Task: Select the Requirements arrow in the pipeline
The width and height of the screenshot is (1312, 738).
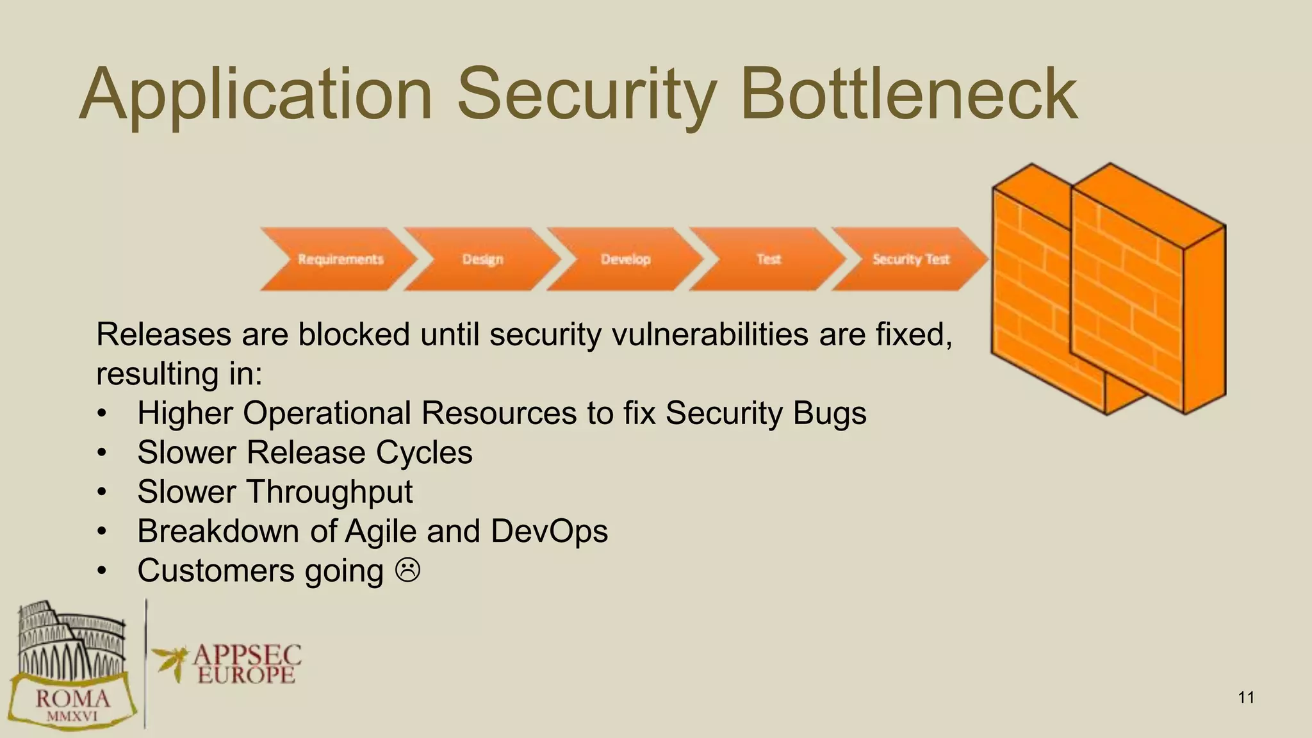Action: (340, 259)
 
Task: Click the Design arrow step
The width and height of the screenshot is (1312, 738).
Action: (482, 259)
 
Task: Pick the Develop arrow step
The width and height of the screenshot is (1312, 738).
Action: (625, 259)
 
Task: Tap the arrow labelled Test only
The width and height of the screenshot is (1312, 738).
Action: (768, 259)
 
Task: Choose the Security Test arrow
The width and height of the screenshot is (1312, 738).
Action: (910, 259)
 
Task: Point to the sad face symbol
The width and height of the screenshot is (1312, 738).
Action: (407, 570)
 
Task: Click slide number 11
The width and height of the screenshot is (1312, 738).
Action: (1246, 698)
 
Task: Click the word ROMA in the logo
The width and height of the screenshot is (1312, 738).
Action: (72, 698)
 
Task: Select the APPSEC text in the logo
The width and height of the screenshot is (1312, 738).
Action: (247, 655)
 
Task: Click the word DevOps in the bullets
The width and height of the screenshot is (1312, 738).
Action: (549, 531)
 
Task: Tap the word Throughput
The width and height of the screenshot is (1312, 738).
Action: (329, 492)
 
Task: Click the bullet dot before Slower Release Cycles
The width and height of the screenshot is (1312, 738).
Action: (102, 453)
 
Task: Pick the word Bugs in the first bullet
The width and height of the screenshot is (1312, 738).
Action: (830, 413)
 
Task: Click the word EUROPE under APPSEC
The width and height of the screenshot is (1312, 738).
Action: (247, 675)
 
